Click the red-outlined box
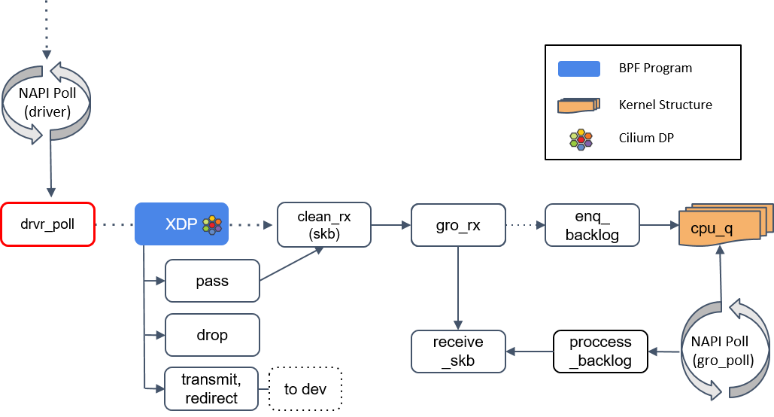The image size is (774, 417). pos(47,224)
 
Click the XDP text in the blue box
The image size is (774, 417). pos(181,224)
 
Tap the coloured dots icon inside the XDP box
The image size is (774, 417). pos(212,224)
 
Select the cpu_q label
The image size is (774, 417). pos(711,229)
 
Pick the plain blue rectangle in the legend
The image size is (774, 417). pos(578,69)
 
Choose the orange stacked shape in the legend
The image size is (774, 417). pos(578,105)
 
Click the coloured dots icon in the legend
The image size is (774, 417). pos(581,139)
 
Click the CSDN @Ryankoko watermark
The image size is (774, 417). pos(720,403)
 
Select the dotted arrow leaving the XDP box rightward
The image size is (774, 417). pos(252,224)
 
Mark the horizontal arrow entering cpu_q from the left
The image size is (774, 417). pos(659,224)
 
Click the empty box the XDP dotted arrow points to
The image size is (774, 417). pos(323,224)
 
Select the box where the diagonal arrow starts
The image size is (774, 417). pos(212,281)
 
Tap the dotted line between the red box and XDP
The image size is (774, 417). pos(114,224)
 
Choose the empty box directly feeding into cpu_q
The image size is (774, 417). pos(592,224)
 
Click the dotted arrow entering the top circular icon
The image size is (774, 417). pos(47,30)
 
